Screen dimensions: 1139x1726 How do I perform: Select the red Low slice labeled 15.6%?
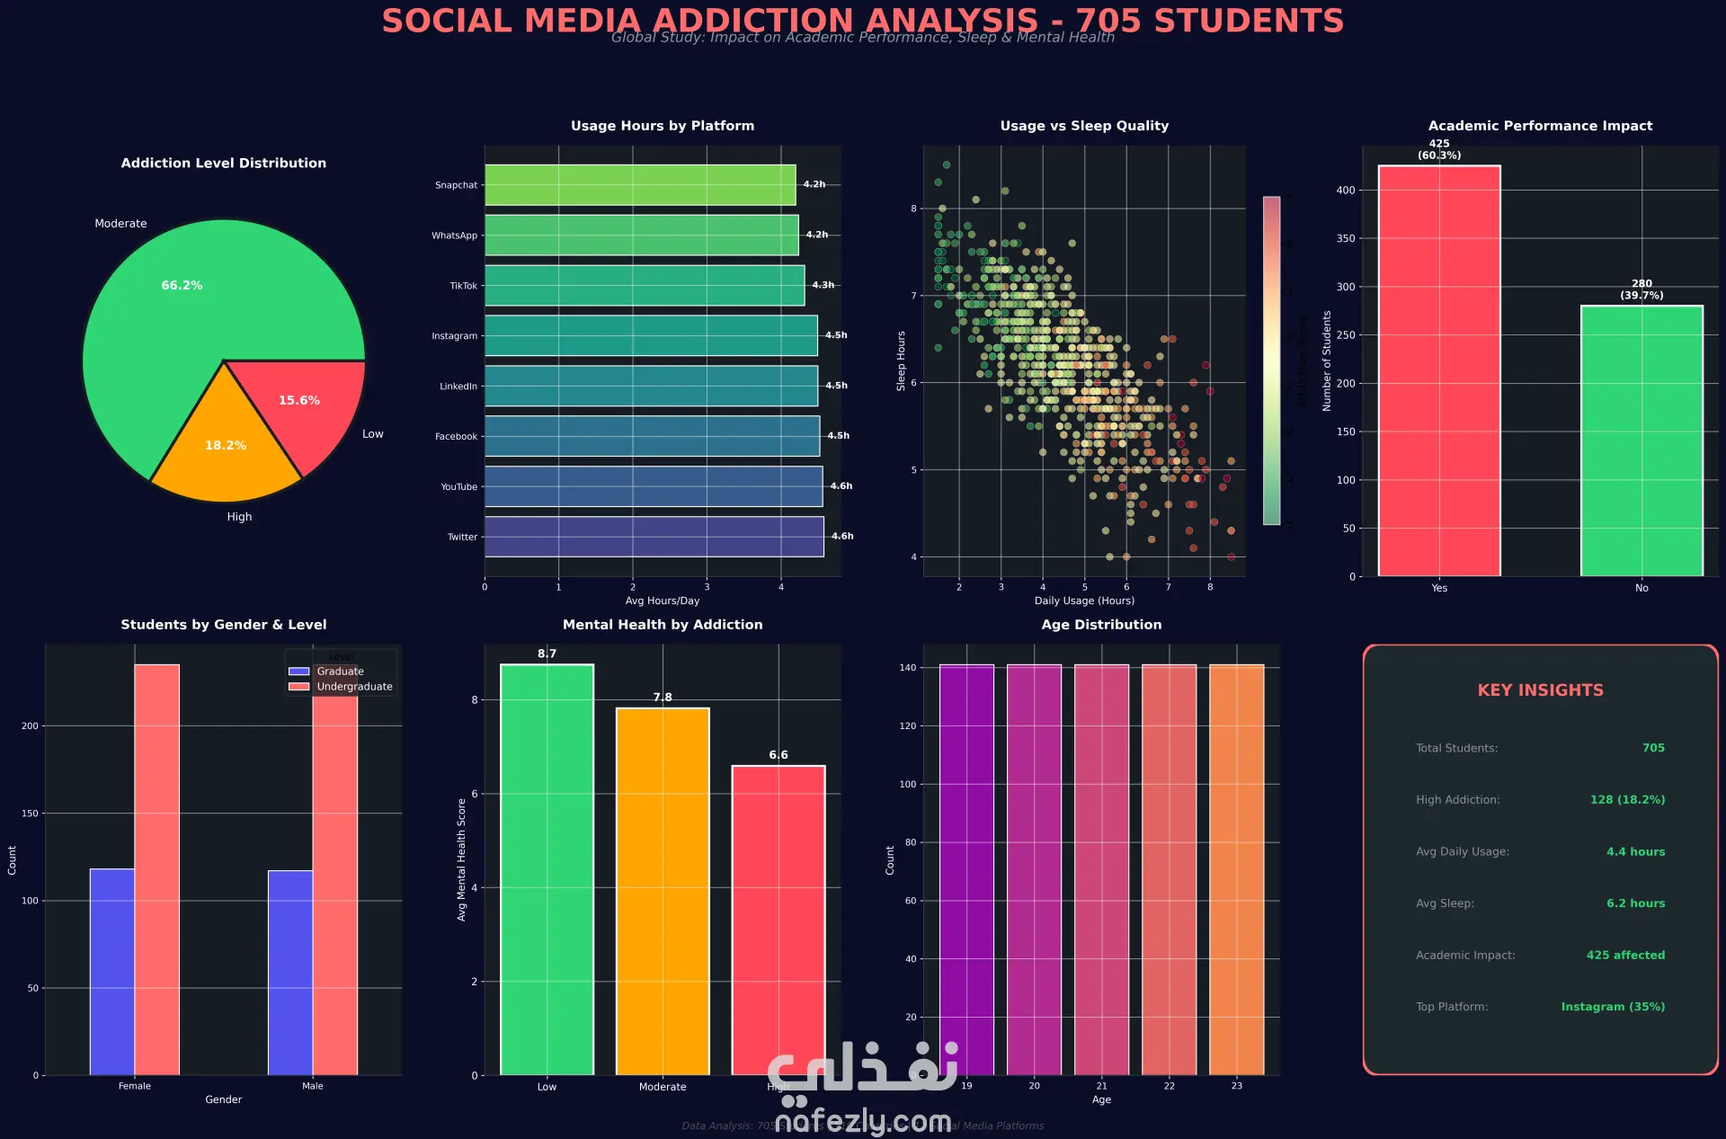[x=306, y=405]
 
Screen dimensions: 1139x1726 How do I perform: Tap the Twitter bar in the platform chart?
[x=654, y=537]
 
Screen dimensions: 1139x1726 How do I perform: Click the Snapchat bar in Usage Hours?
[x=640, y=185]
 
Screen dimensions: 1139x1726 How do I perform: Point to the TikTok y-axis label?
[x=463, y=286]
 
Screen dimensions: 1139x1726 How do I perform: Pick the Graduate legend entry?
[x=339, y=672]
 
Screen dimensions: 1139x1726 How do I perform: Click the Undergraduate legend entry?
[x=353, y=687]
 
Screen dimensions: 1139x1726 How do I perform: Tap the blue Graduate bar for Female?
[x=112, y=972]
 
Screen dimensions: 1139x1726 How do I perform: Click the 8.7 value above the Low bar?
[x=547, y=654]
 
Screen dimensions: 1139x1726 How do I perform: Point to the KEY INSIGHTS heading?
[x=1540, y=690]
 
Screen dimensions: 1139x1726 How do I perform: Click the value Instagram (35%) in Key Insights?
[x=1613, y=1007]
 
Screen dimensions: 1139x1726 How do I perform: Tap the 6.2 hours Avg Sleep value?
[x=1635, y=903]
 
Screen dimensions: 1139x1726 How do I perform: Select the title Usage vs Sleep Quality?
[x=1084, y=126]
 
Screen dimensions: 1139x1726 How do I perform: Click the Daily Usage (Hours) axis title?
[x=1084, y=601]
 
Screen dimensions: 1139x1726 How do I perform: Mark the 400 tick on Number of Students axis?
[x=1346, y=191]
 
